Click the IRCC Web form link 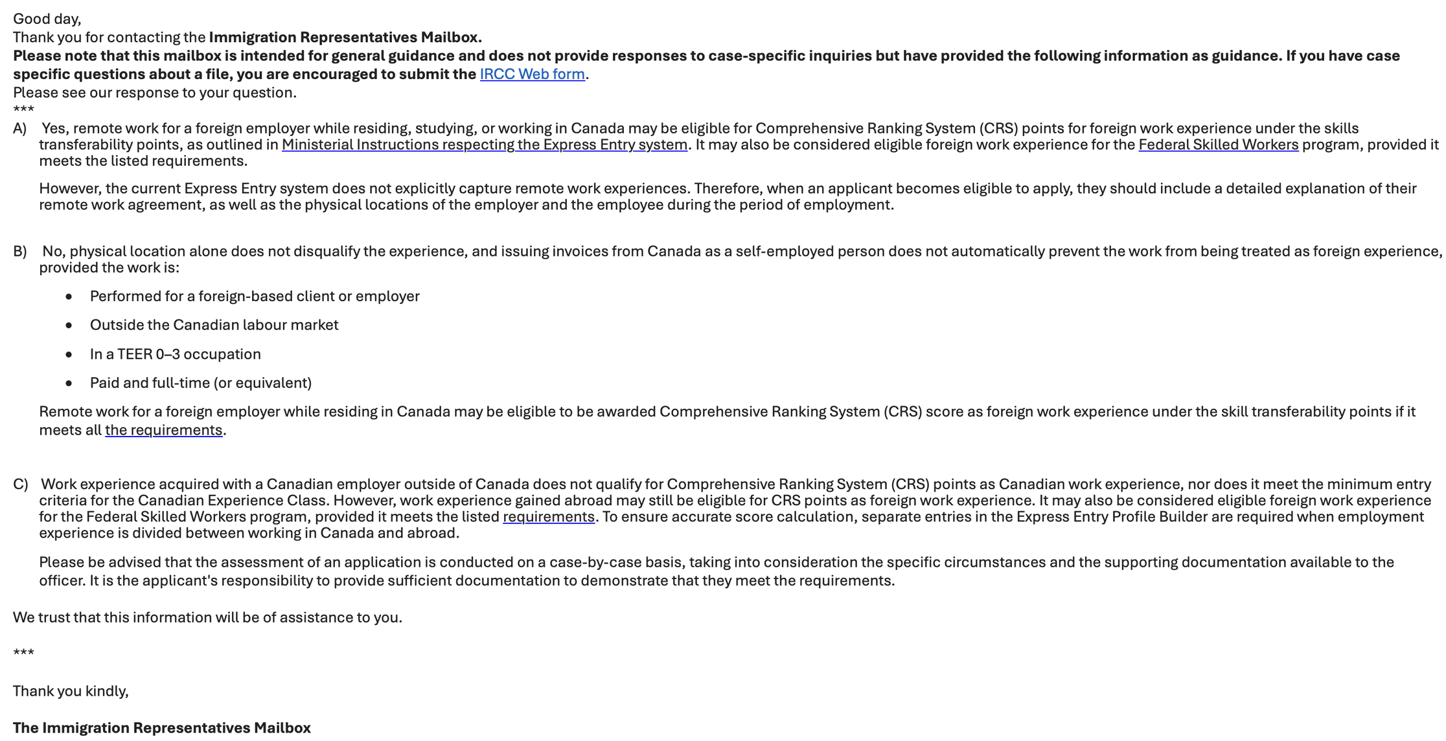532,74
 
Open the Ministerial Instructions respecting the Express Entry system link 484,145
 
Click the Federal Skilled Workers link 1218,145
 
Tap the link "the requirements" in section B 163,431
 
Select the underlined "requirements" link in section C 548,517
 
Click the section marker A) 20,129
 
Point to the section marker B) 20,252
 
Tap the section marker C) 20,484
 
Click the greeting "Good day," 47,19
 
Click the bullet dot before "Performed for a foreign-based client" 69,297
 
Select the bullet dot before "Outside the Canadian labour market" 69,325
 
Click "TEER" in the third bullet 134,354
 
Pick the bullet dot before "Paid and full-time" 69,383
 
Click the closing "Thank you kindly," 71,692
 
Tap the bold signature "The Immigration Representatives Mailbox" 162,728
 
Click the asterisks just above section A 23,109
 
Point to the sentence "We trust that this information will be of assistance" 207,618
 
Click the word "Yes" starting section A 54,129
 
